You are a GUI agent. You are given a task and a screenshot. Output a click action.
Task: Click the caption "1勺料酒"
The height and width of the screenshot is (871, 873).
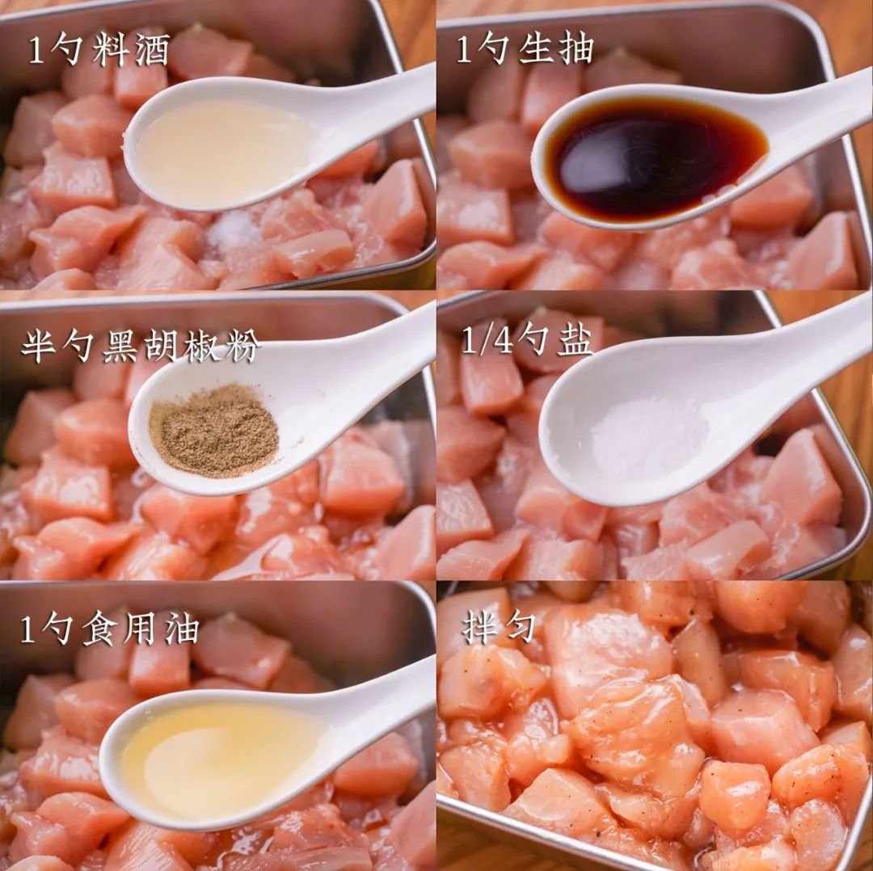(x=99, y=49)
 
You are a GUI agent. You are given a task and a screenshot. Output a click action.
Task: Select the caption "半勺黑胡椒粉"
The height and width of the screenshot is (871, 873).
(x=141, y=347)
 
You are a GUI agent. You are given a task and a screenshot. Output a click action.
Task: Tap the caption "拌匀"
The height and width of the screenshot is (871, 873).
(x=498, y=627)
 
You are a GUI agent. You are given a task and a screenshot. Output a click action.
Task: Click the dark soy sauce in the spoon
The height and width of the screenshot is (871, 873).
(x=655, y=158)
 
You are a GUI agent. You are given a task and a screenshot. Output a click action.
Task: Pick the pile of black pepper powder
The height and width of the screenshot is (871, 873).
(x=213, y=430)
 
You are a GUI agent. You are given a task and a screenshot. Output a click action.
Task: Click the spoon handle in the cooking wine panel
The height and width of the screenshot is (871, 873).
(x=373, y=106)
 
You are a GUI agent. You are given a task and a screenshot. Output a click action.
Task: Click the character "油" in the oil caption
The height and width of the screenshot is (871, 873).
(x=182, y=630)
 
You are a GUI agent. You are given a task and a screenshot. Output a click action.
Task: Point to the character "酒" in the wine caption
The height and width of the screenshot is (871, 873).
(x=152, y=49)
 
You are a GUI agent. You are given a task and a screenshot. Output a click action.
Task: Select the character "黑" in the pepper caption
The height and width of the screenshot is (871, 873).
(x=120, y=347)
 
